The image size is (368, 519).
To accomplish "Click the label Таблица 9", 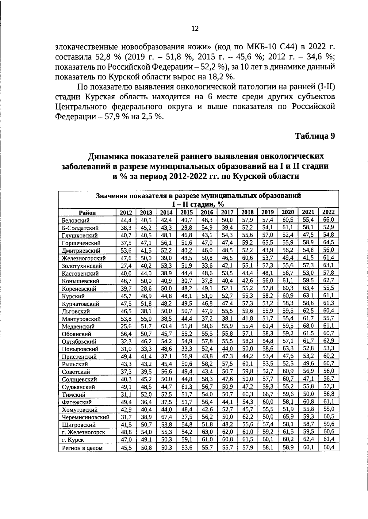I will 315,136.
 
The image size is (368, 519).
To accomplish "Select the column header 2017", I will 227,212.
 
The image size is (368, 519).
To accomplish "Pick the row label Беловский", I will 75,220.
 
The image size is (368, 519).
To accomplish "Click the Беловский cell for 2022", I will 328,219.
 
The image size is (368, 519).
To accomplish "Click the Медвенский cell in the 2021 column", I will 308,326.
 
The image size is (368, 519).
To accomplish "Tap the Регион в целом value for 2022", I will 328,447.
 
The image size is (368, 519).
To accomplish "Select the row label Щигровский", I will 79,425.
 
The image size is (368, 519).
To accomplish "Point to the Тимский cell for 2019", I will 268,394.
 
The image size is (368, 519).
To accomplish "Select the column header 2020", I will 288,212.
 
